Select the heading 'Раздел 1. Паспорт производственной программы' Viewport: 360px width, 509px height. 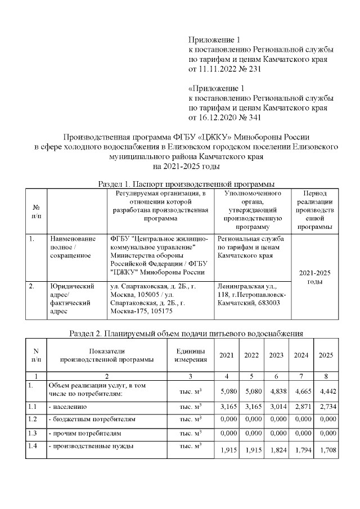click(186, 183)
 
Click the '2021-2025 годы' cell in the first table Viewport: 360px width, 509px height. click(314, 277)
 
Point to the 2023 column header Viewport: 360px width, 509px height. click(276, 355)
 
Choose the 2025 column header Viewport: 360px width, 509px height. click(326, 355)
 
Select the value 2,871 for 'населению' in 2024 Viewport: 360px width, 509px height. click(301, 406)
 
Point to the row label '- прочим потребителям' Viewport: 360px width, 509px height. click(84, 434)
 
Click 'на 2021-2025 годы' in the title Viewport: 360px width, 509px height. click(186, 166)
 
